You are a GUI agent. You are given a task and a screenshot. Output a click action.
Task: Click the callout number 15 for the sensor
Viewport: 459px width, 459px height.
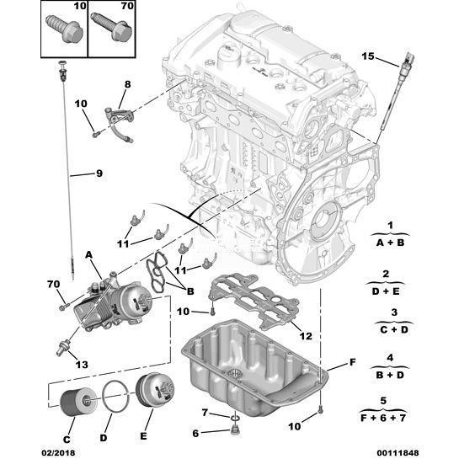(368, 56)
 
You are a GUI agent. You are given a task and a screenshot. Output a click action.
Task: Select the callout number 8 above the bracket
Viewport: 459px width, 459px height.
(128, 84)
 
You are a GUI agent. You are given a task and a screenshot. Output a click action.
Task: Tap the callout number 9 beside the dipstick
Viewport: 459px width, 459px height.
(99, 173)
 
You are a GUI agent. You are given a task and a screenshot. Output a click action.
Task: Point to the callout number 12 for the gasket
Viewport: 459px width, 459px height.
(306, 336)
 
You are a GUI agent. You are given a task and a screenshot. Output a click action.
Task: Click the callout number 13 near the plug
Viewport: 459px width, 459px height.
(82, 365)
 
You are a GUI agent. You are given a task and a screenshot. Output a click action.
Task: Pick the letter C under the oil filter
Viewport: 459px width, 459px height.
(67, 440)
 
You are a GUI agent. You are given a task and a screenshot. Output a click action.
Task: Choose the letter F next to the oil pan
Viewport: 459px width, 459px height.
(353, 362)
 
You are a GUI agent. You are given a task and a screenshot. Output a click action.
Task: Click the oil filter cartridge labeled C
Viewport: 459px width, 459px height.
(78, 402)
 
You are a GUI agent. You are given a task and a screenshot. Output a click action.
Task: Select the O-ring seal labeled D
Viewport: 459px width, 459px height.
(115, 397)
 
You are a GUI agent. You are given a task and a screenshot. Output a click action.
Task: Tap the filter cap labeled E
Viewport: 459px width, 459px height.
(155, 391)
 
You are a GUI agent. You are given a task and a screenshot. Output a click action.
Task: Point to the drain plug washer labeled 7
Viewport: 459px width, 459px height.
(235, 416)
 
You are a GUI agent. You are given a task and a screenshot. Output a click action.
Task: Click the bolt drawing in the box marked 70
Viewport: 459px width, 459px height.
(111, 27)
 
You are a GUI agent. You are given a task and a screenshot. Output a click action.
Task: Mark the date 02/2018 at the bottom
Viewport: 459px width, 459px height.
(58, 453)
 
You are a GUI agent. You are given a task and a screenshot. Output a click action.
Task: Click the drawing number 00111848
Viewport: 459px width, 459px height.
(398, 453)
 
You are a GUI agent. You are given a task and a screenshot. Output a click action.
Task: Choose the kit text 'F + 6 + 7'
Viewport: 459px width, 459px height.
(383, 418)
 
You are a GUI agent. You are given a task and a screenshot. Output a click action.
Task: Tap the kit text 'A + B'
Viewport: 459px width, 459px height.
(390, 243)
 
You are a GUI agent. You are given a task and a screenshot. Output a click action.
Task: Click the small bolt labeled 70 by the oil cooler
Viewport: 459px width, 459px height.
(63, 307)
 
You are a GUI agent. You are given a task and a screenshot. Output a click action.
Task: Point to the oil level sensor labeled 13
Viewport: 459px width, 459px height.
(63, 346)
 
